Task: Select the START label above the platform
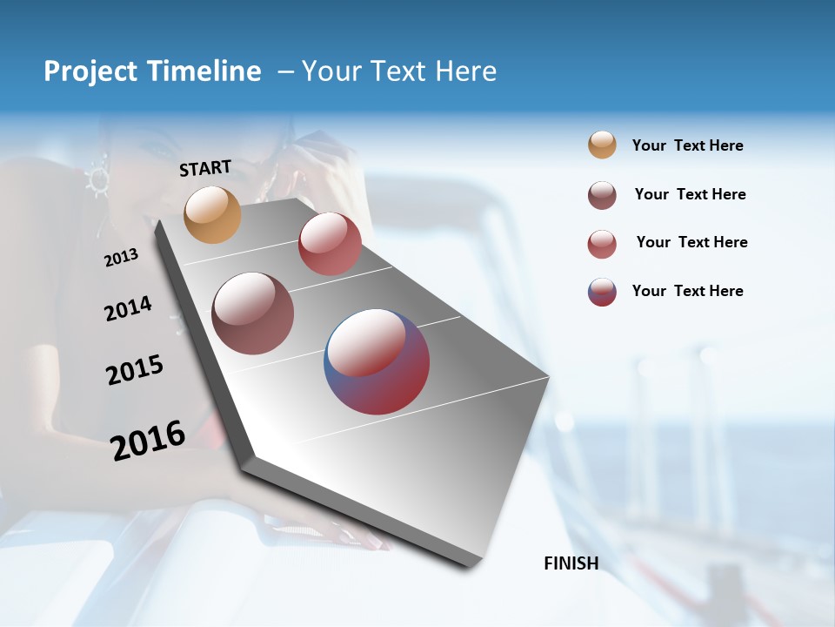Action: point(205,168)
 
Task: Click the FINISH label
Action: point(571,563)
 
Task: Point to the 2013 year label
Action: point(121,257)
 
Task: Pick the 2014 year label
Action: point(128,308)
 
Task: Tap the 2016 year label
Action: point(148,440)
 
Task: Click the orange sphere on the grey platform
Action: point(213,214)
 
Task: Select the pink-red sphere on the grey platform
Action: point(330,244)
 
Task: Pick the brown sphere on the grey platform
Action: point(253,313)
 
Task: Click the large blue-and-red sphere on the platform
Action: point(377,361)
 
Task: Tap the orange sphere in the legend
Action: point(602,145)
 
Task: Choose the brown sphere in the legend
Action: point(602,195)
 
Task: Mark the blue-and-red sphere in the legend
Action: point(602,292)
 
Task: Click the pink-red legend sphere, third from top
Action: point(602,244)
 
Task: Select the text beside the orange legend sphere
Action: point(687,145)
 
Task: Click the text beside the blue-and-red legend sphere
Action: point(687,291)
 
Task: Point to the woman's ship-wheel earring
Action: point(97,179)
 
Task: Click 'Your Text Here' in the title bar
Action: point(399,71)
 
